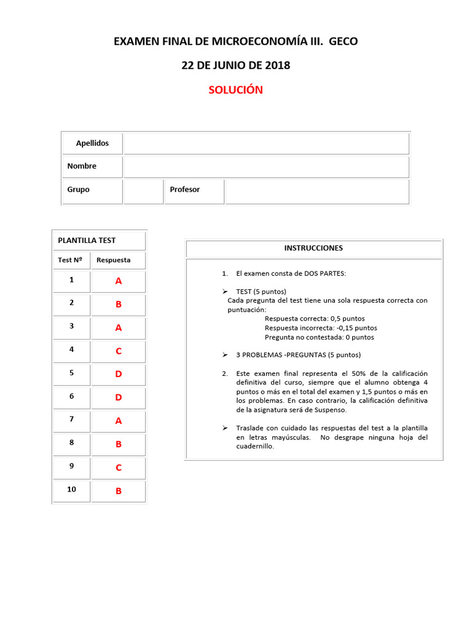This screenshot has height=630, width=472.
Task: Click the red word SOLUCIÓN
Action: tap(235, 90)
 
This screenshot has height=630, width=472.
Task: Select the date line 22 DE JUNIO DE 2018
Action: tap(235, 65)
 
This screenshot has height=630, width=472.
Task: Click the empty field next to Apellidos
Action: tap(265, 143)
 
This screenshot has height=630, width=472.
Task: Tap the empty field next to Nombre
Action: tap(265, 166)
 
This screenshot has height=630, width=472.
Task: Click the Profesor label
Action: tap(185, 190)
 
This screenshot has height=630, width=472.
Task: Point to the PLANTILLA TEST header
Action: tap(87, 241)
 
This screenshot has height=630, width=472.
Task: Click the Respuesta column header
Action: tap(114, 260)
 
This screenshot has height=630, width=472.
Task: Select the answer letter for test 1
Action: tap(119, 281)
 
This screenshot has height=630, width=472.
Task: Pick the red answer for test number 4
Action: tap(119, 351)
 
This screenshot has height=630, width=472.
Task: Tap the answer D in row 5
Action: tap(119, 374)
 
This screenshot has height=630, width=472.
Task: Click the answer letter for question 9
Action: tap(119, 468)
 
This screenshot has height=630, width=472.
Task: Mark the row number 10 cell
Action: tap(71, 490)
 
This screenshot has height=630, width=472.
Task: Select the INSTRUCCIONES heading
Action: tap(313, 249)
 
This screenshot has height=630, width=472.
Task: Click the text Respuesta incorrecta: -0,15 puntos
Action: tap(321, 328)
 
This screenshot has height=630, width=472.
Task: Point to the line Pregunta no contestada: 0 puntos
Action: tap(319, 337)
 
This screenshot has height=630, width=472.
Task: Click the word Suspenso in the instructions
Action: tap(331, 410)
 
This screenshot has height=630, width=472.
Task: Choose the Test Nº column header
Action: tap(70, 260)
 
